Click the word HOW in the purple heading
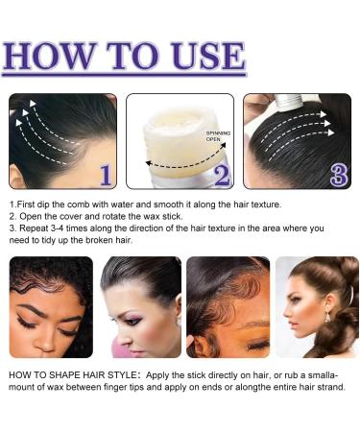(x=49, y=56)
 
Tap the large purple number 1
(x=107, y=175)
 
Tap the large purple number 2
(x=222, y=175)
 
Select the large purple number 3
(x=339, y=175)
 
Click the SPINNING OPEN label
(x=218, y=136)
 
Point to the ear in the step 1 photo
(x=16, y=176)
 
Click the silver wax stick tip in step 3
(x=290, y=103)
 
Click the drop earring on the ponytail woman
(x=327, y=317)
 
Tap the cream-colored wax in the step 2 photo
(x=180, y=137)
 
